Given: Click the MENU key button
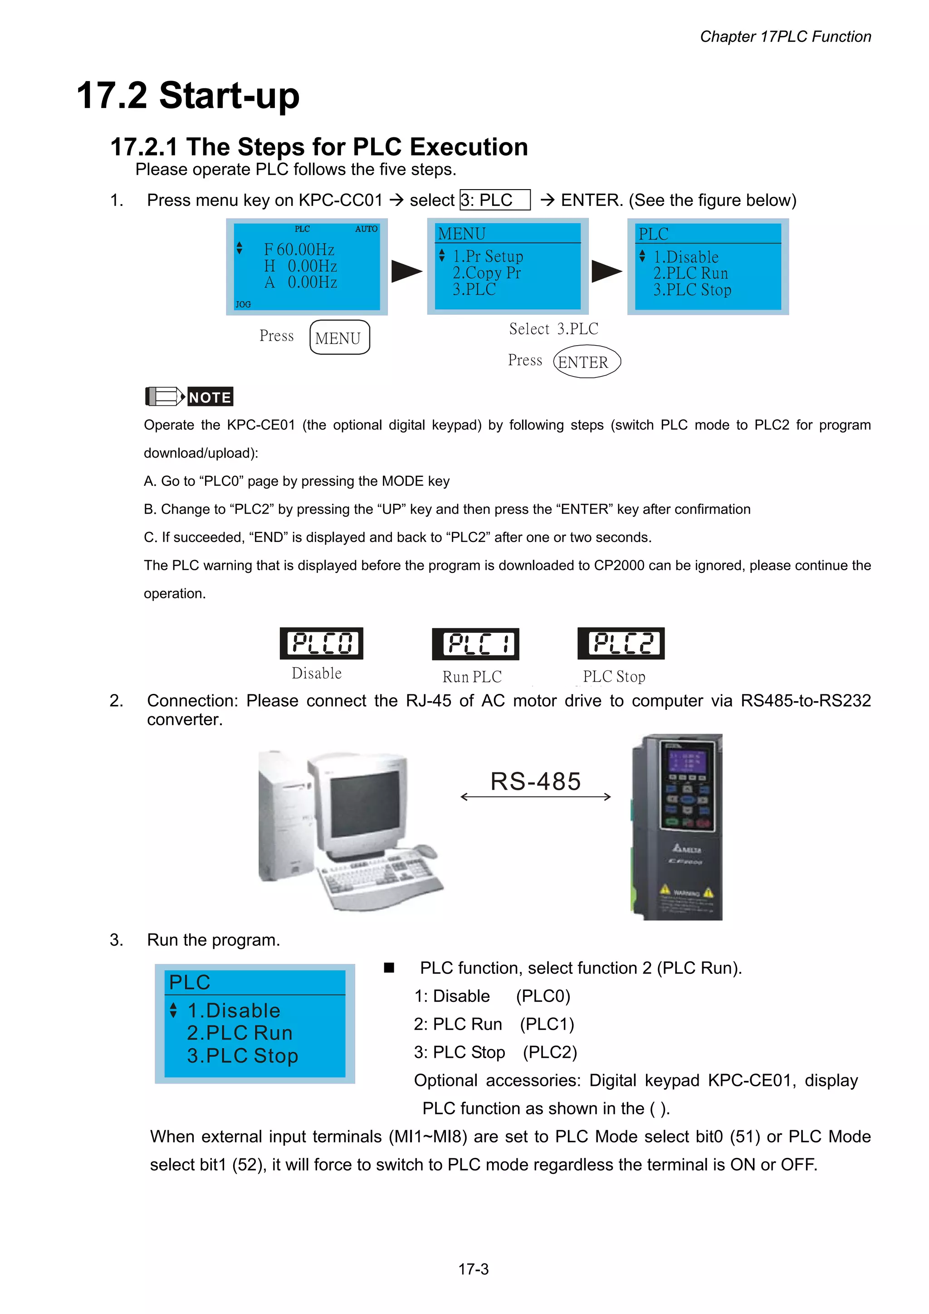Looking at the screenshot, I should coord(339,337).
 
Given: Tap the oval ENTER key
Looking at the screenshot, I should coord(587,361).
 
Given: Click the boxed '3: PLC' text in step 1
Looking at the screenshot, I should coord(495,200).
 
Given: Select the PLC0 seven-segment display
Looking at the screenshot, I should coord(322,643).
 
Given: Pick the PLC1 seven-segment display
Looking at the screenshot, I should coord(475,644).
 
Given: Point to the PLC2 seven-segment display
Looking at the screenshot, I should coord(621,643).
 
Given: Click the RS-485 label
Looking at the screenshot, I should coord(536,781).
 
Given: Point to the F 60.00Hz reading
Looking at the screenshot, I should coord(299,249).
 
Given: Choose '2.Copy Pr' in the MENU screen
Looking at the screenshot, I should coord(487,273).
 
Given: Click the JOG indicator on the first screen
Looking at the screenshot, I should coord(243,304).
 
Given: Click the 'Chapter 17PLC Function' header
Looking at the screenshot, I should coord(785,37).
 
